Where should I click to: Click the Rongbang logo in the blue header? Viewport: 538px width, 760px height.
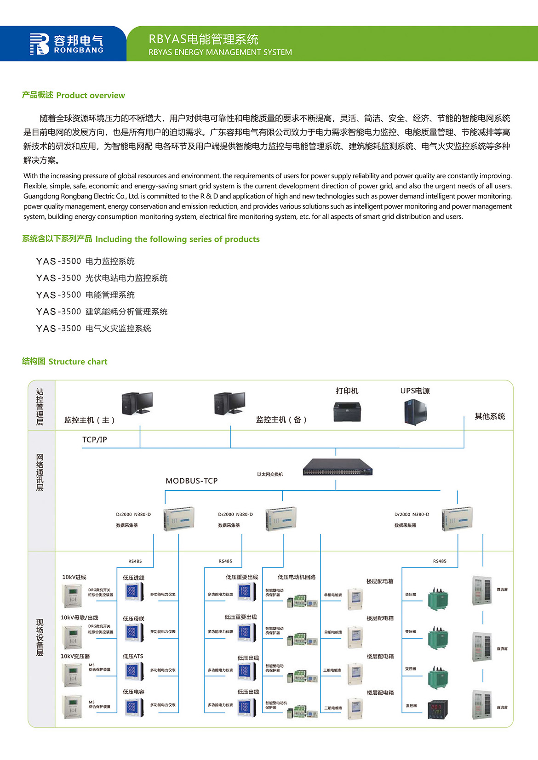pos(67,44)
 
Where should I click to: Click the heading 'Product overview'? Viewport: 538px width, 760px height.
pos(74,95)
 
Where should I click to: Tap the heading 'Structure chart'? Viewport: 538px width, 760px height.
pos(65,362)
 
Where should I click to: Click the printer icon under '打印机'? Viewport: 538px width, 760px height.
pos(347,411)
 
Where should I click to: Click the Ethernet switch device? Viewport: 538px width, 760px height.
pos(338,467)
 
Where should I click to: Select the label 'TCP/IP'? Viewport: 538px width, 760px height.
pos(95,440)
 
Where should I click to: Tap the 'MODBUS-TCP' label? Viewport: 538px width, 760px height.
pos(191,481)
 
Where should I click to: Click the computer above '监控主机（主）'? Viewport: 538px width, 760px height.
pos(137,403)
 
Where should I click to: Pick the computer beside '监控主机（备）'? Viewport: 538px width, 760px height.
pos(230,403)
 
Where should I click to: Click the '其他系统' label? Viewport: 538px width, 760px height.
pos(490,416)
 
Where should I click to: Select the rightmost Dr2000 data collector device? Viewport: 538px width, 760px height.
pos(457,519)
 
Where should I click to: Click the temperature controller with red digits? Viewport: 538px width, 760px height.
pos(438,709)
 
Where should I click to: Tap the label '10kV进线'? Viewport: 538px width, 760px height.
pos(74,577)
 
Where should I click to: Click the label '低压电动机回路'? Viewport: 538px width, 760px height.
pos(297,577)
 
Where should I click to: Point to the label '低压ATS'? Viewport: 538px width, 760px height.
pos(133,656)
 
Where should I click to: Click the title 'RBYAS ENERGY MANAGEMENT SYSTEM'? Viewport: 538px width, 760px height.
pos(220,52)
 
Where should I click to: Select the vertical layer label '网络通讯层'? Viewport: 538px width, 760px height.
pos(40,472)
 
